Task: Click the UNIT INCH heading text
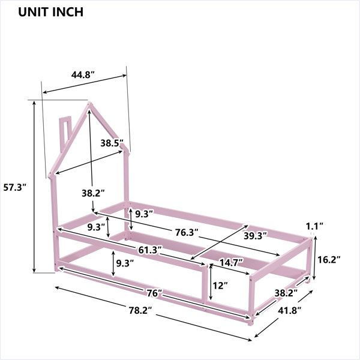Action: coord(50,12)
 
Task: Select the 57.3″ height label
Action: coord(16,188)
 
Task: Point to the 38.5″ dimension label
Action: coord(112,143)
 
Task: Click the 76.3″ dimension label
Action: coord(187,233)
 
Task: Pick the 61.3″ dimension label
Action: coord(150,250)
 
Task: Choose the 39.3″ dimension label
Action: coord(256,236)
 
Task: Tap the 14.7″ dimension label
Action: coord(231,262)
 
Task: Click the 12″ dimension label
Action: coord(220,286)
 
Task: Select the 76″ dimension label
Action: coord(155,293)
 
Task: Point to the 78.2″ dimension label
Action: coord(140,311)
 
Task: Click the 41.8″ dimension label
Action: coord(290,311)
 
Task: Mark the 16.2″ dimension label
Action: coord(329,260)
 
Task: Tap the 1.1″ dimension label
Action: coord(314,226)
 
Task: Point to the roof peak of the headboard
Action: coord(89,103)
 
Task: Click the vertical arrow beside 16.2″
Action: coord(315,258)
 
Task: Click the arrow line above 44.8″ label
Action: coord(85,84)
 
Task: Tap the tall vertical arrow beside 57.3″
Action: coord(34,187)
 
